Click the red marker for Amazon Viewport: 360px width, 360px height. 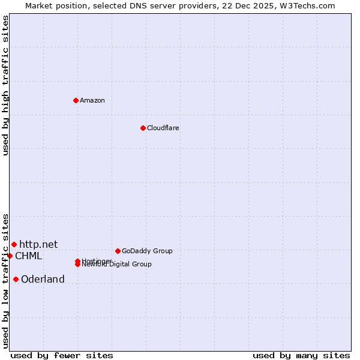(76, 100)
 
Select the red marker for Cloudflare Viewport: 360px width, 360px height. (143, 128)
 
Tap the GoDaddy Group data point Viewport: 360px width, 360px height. (118, 251)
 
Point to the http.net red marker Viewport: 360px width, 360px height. (14, 244)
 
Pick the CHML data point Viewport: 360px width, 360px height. (10, 256)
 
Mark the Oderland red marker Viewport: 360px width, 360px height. (16, 279)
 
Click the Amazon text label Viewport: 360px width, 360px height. (92, 101)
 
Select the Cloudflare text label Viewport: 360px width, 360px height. (163, 128)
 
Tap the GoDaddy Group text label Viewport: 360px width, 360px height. (147, 251)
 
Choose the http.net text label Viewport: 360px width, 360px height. (38, 244)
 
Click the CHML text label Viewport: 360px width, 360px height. (28, 256)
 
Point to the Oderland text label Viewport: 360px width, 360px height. (43, 280)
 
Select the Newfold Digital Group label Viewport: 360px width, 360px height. (117, 265)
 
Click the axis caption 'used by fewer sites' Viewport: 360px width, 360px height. (62, 355)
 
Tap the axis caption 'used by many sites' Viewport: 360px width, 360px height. (301, 355)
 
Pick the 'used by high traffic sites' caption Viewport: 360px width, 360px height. (6, 85)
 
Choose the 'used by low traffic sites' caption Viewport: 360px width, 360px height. (6, 280)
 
